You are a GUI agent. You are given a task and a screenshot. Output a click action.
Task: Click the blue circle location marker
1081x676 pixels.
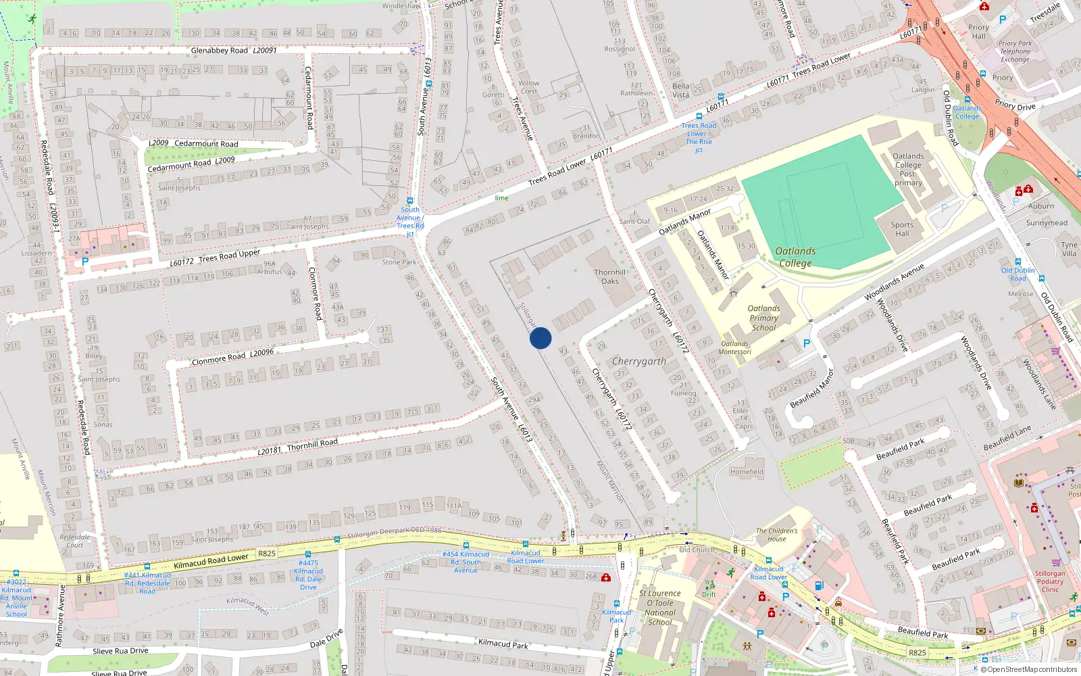(540, 338)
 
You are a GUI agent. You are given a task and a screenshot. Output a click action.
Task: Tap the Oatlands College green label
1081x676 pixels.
(795, 257)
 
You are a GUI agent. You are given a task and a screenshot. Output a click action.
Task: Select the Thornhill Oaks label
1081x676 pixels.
(610, 276)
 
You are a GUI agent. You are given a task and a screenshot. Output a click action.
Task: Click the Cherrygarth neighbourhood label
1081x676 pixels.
(639, 361)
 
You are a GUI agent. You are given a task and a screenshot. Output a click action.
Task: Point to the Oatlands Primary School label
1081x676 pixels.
(763, 318)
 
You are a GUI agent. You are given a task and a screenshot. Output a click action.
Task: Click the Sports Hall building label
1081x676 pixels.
(902, 229)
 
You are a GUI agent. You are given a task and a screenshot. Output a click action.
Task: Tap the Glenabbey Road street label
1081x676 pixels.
(220, 51)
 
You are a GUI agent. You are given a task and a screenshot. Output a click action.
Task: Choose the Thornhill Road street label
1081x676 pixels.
(312, 443)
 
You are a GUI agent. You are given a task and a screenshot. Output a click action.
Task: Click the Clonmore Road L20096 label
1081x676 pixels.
(232, 356)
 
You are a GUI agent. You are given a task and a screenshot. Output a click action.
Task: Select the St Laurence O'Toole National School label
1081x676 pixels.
(659, 607)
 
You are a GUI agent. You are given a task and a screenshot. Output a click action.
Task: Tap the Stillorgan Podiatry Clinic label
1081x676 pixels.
(1050, 581)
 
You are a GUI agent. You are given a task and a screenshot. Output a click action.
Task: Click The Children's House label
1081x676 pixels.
(776, 535)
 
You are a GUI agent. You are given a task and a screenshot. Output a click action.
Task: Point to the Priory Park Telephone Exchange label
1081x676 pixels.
(1015, 51)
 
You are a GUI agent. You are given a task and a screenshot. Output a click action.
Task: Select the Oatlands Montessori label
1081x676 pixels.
(734, 347)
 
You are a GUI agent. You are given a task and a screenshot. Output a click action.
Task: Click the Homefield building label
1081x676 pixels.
(747, 472)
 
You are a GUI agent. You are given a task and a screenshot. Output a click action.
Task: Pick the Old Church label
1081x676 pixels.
(697, 550)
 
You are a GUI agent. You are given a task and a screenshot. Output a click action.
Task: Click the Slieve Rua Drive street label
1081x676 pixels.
(120, 651)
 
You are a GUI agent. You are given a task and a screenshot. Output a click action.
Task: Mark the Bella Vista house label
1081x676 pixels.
(680, 90)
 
